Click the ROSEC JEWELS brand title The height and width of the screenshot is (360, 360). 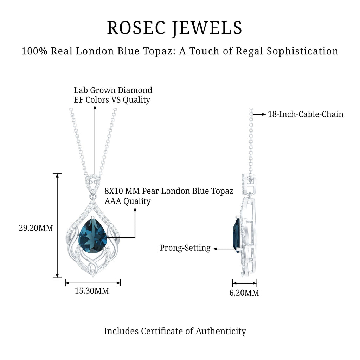(x=175, y=28)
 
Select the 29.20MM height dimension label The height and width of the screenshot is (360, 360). (x=36, y=228)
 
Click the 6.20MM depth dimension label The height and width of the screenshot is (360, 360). (x=244, y=293)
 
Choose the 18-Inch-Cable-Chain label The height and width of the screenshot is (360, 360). (x=306, y=114)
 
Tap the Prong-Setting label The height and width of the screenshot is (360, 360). (x=185, y=248)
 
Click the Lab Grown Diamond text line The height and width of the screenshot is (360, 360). (x=113, y=90)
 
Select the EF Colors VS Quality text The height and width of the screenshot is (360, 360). (x=112, y=100)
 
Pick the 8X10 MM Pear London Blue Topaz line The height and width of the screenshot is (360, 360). (x=169, y=191)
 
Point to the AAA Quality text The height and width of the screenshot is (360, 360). (x=128, y=201)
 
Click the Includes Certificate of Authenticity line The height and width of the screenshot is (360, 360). (x=175, y=331)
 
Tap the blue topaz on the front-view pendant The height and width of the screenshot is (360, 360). (x=92, y=236)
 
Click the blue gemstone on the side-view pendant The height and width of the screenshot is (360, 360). (x=237, y=235)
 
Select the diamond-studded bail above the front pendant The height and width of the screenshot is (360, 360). (x=93, y=183)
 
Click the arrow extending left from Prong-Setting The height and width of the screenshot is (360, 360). (x=224, y=249)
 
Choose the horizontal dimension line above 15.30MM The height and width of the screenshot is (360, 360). (x=93, y=282)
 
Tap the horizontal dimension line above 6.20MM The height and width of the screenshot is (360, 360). (x=244, y=283)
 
